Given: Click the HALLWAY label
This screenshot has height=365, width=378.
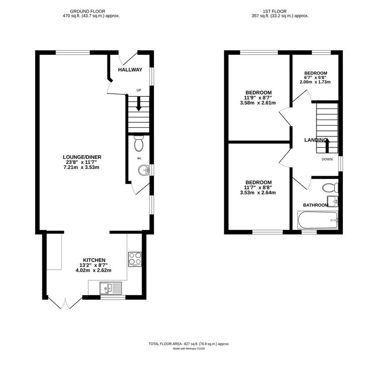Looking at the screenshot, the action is click(x=130, y=70).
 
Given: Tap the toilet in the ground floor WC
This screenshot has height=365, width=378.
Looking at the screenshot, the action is click(x=138, y=143).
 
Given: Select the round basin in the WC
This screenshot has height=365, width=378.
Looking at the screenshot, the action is click(x=144, y=170).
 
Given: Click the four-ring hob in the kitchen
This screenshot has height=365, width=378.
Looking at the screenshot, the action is click(x=135, y=259).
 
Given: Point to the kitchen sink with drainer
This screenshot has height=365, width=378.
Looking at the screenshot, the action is click(x=111, y=288).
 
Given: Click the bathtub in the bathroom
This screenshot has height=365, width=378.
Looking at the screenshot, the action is click(x=318, y=220).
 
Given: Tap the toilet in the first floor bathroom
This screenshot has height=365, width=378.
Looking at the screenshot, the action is click(x=330, y=188).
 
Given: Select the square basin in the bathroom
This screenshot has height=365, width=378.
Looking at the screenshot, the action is click(x=332, y=201).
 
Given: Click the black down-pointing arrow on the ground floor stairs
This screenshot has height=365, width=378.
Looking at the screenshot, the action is click(x=138, y=104).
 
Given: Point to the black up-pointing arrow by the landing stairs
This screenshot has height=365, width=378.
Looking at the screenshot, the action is click(x=327, y=146).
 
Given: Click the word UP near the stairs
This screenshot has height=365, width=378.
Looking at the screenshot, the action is click(x=138, y=90).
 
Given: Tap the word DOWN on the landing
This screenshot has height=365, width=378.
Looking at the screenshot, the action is click(x=327, y=159).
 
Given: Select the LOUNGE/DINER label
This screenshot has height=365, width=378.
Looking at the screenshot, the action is click(x=82, y=157).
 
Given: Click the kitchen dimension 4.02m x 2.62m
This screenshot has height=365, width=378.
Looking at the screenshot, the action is click(x=93, y=270).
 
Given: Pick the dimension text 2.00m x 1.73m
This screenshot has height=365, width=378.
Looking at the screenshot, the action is click(x=315, y=82).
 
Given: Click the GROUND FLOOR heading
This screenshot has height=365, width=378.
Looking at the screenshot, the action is click(x=87, y=11).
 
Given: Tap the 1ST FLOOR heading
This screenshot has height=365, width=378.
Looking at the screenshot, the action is click(x=275, y=11).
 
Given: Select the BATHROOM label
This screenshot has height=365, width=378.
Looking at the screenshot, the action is click(x=316, y=205).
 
